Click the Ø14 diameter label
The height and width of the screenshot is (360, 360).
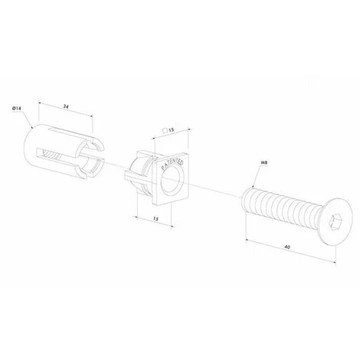tap(17, 108)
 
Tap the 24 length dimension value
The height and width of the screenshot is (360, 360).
tap(66, 107)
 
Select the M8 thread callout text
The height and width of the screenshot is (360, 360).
tap(264, 162)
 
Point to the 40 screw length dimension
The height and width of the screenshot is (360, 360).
tap(287, 247)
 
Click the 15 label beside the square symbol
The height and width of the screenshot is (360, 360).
tap(171, 130)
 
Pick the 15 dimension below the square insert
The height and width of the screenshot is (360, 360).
tap(155, 219)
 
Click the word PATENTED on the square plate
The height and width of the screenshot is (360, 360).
tap(172, 165)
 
